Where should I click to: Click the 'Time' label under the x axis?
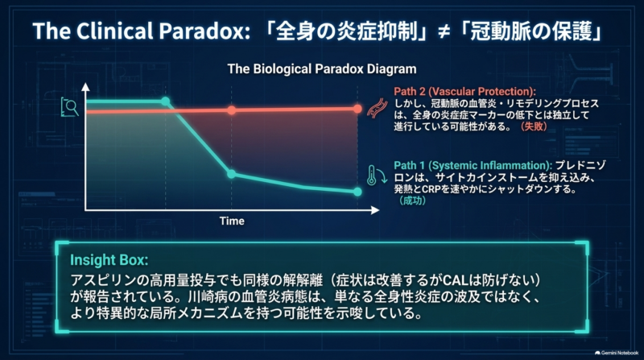pyautogui.click(x=232, y=221)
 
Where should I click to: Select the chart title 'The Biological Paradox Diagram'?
pyautogui.click(x=322, y=68)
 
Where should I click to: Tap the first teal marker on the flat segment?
pyautogui.click(x=165, y=101)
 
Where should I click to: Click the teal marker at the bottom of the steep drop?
pyautogui.click(x=232, y=174)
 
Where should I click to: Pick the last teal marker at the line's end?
pyautogui.click(x=357, y=192)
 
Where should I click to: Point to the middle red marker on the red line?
pyautogui.click(x=232, y=110)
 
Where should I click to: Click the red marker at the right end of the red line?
pyautogui.click(x=357, y=109)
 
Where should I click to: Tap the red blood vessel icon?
pyautogui.click(x=377, y=109)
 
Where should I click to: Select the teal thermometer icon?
pyautogui.click(x=377, y=176)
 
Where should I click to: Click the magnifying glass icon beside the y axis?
pyautogui.click(x=69, y=107)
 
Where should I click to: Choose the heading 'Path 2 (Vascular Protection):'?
pyautogui.click(x=465, y=92)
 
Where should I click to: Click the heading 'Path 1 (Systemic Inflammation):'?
pyautogui.click(x=473, y=166)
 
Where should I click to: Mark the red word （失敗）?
pyautogui.click(x=534, y=126)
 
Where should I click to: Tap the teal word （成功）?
pyautogui.click(x=412, y=201)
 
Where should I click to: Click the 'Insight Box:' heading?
pyautogui.click(x=109, y=260)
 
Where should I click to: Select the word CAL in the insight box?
pyautogui.click(x=456, y=280)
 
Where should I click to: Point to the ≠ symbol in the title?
pyautogui.click(x=444, y=32)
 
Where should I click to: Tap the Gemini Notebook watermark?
pyautogui.click(x=617, y=353)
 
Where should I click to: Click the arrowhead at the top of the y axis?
pyautogui.click(x=85, y=87)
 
